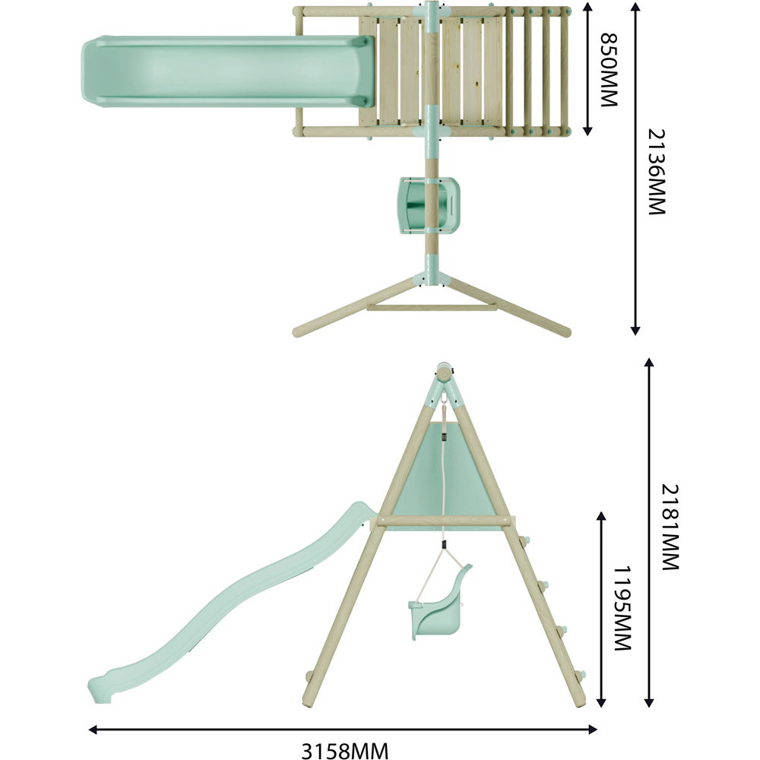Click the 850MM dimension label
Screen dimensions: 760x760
609,69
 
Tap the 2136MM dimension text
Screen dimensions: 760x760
657,172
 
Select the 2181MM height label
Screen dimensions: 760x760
670,527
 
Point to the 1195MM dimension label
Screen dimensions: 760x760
622,608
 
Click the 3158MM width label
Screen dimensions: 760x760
344,751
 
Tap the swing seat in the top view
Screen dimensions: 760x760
429,205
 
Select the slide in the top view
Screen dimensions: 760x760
228,71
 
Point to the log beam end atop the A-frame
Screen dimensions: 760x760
444,372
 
